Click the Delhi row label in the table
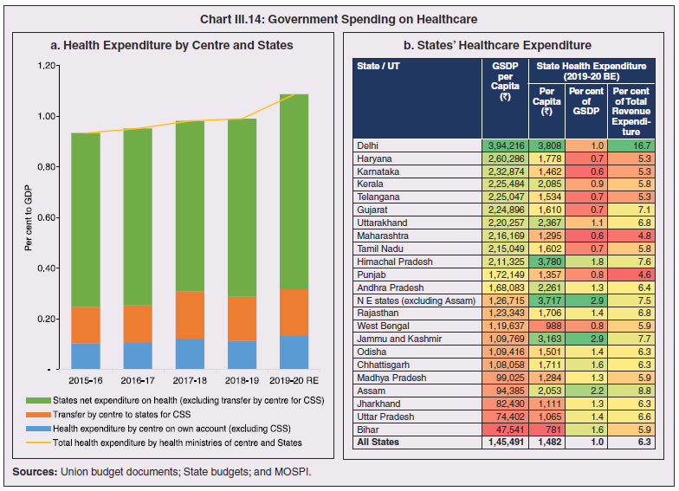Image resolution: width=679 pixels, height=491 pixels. coord(369,145)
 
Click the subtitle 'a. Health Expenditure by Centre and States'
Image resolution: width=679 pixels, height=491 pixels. coord(172,45)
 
